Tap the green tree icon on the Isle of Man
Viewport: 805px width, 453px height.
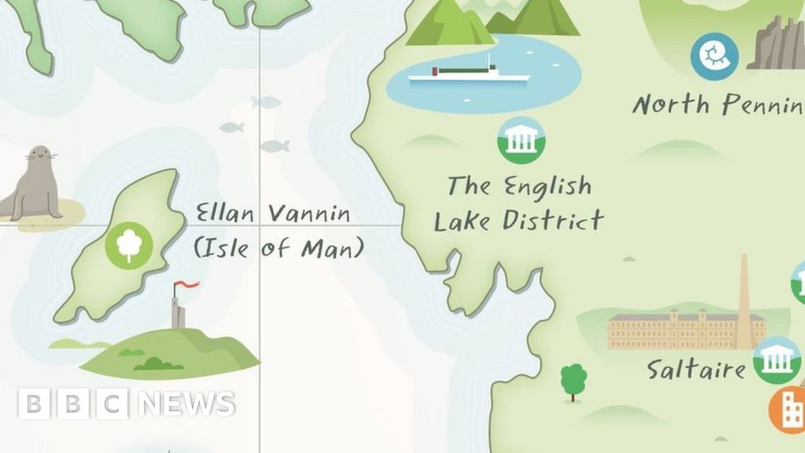[x=128, y=244]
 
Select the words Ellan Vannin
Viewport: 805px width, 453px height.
[x=273, y=213]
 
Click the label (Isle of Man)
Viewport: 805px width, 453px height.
[x=279, y=249]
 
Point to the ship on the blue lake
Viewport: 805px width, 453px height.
[x=470, y=72]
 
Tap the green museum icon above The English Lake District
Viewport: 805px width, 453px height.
[x=520, y=141]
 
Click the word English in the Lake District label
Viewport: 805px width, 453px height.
[x=547, y=186]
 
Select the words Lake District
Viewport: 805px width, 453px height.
[x=519, y=221]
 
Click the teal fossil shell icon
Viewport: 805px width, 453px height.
[x=715, y=56]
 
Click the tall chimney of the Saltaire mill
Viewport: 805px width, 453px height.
[x=743, y=299]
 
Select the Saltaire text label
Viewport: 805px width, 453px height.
[x=696, y=369]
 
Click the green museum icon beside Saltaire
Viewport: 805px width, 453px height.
[x=777, y=360]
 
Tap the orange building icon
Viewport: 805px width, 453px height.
[x=788, y=410]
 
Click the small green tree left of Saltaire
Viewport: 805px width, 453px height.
[x=573, y=379]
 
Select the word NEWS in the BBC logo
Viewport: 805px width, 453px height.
[x=186, y=404]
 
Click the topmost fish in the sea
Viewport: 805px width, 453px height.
[x=266, y=101]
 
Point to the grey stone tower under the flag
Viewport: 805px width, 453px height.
[x=178, y=313]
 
